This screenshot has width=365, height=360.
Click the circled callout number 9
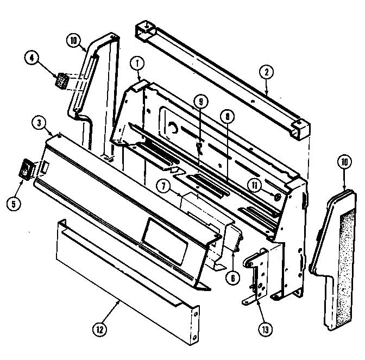[200, 101]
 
